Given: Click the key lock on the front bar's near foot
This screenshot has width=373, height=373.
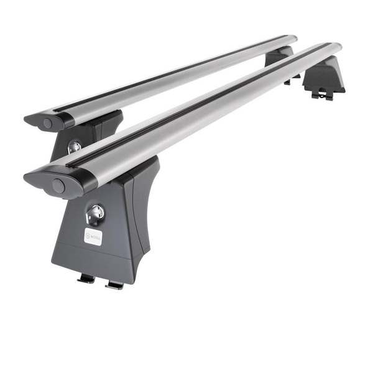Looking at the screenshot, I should (95, 213).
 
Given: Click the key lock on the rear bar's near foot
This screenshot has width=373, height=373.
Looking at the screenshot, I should (74, 147).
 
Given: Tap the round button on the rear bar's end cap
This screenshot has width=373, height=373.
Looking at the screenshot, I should (48, 124).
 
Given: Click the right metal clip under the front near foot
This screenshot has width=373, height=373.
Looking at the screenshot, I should (114, 284).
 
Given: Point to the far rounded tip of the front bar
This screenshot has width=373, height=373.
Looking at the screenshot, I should (336, 47).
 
